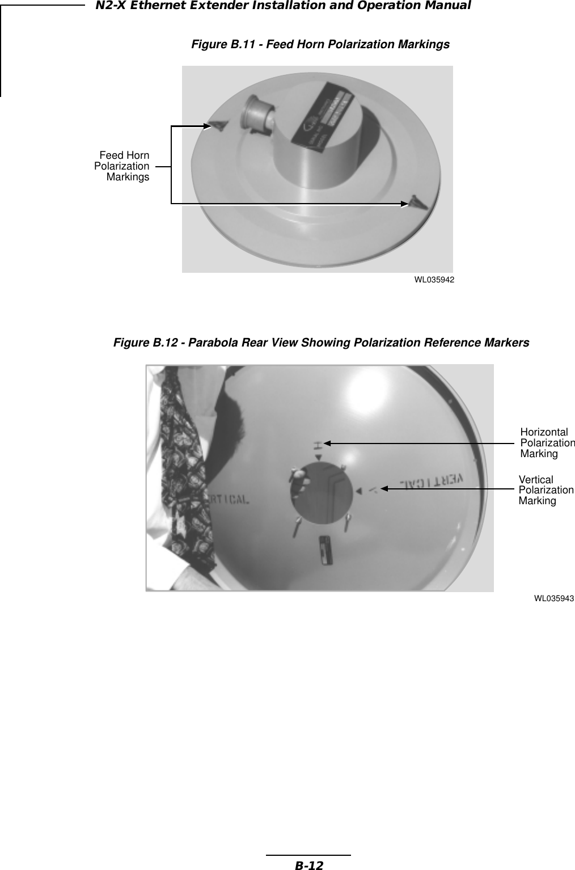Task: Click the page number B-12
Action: pyautogui.click(x=308, y=865)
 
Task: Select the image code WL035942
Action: pyautogui.click(x=434, y=280)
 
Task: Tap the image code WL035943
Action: pyautogui.click(x=554, y=598)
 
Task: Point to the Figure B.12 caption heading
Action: pyautogui.click(x=321, y=343)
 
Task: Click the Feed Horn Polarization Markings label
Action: pyautogui.click(x=123, y=166)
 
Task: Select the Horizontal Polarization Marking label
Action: pyautogui.click(x=546, y=443)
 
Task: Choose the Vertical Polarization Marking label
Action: pyautogui.click(x=545, y=490)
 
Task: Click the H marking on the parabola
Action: pyautogui.click(x=318, y=443)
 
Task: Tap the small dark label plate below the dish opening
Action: pyautogui.click(x=325, y=550)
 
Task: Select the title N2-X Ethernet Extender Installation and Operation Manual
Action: pyautogui.click(x=283, y=6)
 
